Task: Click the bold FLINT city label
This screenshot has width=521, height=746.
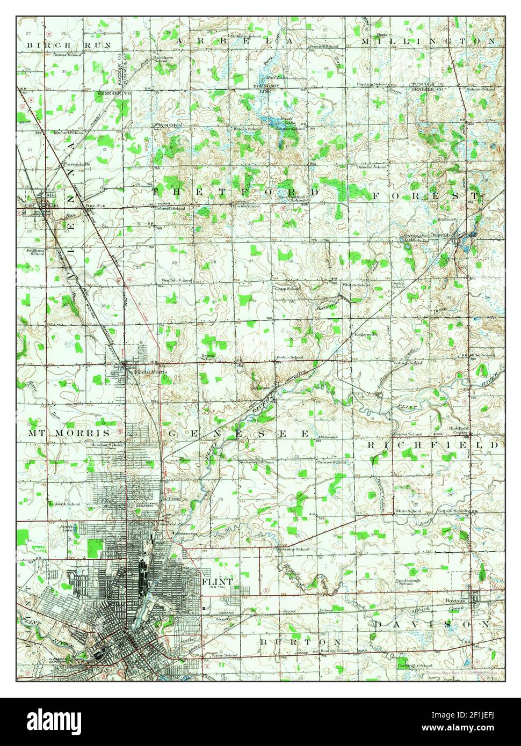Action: click(218, 582)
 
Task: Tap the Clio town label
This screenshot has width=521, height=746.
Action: click(53, 204)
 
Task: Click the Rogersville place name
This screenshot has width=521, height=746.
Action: click(366, 334)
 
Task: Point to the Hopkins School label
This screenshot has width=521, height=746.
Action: click(373, 84)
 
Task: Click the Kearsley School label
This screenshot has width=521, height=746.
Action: click(294, 549)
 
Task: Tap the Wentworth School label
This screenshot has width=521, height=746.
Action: click(256, 462)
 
